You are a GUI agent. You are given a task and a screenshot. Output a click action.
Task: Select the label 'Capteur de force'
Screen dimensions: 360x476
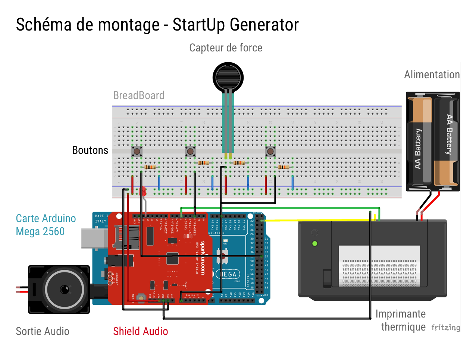226,48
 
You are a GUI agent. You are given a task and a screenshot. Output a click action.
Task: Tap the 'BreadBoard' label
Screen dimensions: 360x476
139,95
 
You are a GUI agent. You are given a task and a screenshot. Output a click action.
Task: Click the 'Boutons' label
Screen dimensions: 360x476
90,150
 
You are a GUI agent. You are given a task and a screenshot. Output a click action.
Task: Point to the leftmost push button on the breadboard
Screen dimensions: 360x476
137,151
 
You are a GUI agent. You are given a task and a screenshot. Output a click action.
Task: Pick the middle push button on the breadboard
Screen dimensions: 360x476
190,151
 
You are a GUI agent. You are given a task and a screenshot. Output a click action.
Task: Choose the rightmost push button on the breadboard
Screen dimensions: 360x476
270,151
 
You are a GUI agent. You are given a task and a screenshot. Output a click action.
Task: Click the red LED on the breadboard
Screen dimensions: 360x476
143,191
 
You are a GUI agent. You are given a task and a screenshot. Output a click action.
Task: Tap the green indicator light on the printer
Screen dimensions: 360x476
315,244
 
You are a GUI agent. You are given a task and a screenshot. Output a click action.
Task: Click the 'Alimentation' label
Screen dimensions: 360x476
432,75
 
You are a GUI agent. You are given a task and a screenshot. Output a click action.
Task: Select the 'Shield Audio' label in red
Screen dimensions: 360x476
141,331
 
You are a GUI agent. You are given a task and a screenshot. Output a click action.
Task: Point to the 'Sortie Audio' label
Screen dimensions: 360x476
43,331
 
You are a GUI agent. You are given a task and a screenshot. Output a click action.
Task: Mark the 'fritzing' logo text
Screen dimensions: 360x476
445,328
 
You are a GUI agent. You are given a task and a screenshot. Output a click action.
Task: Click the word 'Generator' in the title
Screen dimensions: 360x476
264,25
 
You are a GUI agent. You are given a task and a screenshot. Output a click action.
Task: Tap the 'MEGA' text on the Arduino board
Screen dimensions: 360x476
228,274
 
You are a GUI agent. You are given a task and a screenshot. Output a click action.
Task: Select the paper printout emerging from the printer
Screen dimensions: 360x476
379,266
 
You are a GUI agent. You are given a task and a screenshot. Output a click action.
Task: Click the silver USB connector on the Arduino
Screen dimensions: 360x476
94,238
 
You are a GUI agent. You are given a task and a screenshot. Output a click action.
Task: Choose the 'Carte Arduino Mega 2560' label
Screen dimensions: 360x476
46,225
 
